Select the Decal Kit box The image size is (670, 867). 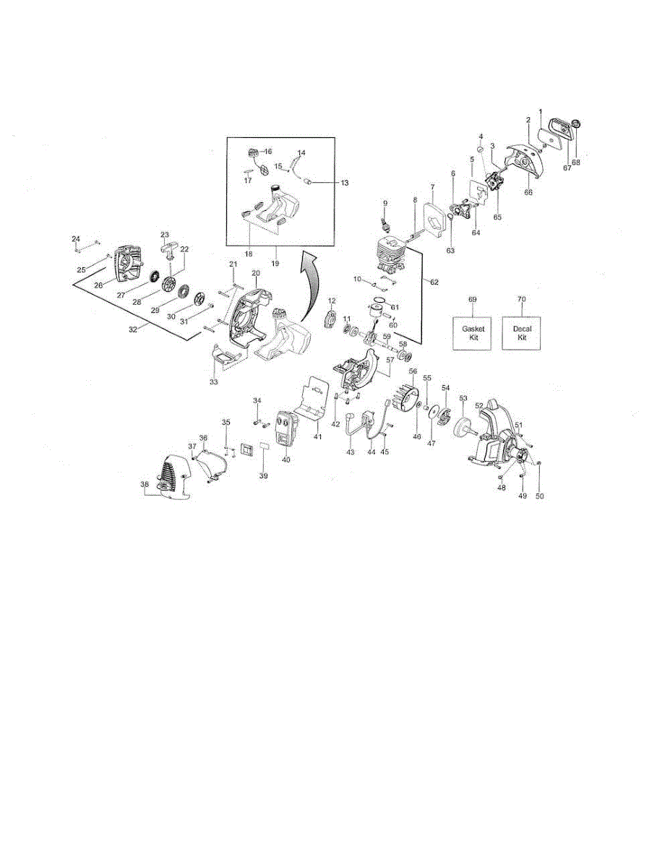[521, 332]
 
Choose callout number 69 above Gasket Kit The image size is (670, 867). [472, 298]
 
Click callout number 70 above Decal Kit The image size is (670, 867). [521, 298]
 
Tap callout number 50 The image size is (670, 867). [539, 496]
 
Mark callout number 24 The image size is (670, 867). [75, 238]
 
